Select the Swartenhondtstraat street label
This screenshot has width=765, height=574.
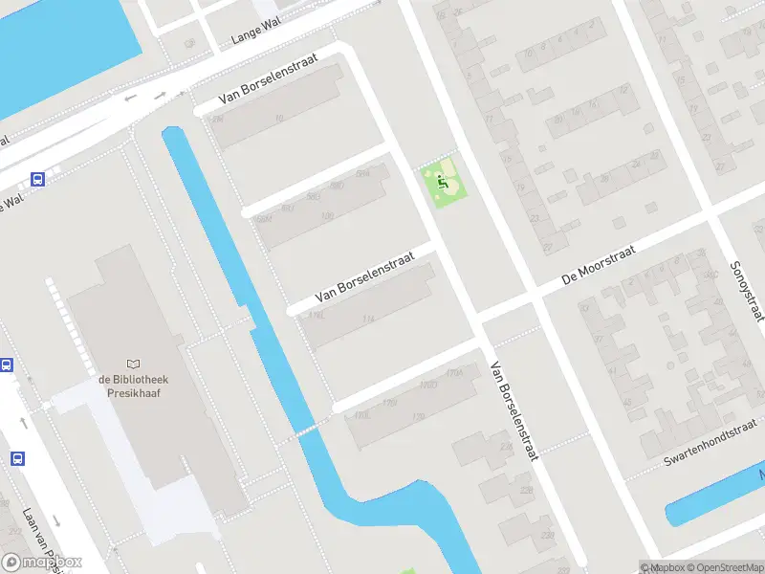(x=710, y=443)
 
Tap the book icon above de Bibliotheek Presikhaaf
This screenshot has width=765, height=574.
(x=133, y=364)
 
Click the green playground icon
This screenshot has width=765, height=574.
(x=441, y=179)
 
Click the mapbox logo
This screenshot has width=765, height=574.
(x=42, y=562)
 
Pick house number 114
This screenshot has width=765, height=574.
(x=368, y=319)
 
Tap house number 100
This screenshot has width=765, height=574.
(x=328, y=216)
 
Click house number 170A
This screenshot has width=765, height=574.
(x=454, y=373)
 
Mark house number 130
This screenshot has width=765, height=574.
(x=417, y=417)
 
